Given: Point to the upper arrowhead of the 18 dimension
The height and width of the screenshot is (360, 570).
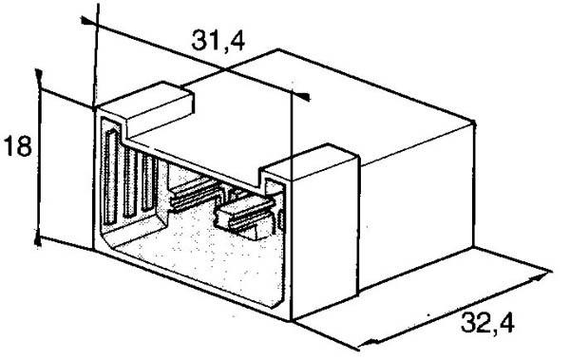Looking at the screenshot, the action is coord(38,75).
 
